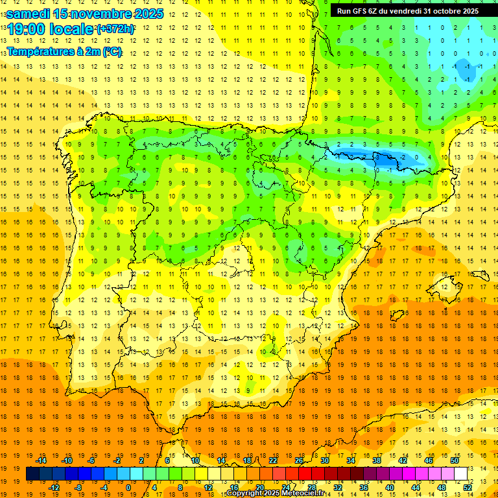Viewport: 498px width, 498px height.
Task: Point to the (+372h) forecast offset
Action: click(115, 29)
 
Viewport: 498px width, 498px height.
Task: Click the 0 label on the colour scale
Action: click(128, 488)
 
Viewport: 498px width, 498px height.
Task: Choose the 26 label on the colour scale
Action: click(299, 460)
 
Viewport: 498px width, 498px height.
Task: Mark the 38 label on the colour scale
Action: click(377, 460)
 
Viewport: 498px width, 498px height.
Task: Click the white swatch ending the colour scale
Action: click(460, 474)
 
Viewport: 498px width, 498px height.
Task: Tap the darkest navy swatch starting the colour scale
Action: click(32, 474)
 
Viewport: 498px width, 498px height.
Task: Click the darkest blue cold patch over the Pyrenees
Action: click(389, 158)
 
